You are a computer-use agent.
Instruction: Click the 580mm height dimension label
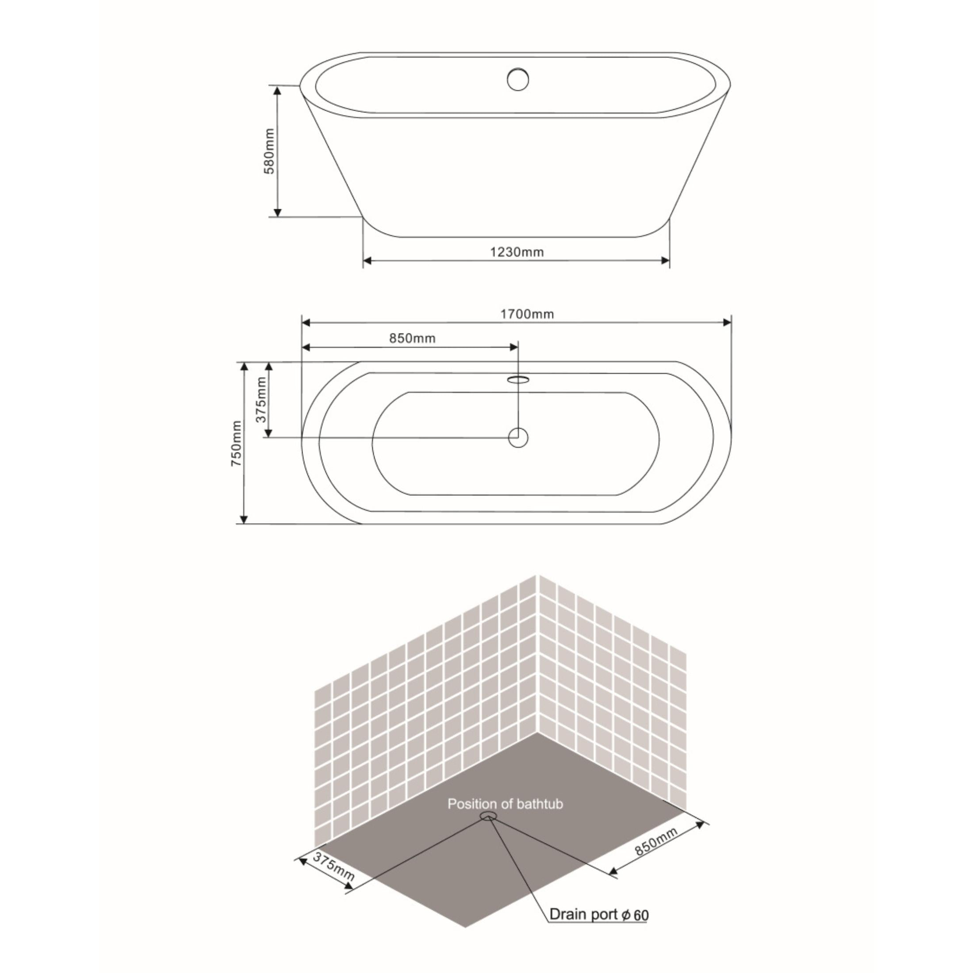coord(270,151)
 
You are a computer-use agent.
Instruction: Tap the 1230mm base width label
coord(517,252)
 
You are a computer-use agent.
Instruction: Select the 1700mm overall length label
coord(527,314)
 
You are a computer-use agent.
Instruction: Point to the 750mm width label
coord(237,443)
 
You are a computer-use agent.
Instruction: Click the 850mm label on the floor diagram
coord(656,842)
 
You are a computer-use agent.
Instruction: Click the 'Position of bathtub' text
coord(505,804)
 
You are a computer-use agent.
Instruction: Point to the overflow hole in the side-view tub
coord(518,80)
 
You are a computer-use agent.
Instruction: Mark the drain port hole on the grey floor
coord(488,816)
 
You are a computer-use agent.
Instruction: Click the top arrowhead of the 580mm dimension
coord(277,90)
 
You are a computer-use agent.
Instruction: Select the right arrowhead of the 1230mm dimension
coord(665,260)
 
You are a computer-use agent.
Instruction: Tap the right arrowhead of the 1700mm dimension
coord(727,322)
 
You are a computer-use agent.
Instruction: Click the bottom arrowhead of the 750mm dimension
coord(244,519)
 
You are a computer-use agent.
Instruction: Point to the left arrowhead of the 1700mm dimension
coord(306,322)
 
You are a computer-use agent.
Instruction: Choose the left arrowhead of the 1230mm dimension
coord(368,260)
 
